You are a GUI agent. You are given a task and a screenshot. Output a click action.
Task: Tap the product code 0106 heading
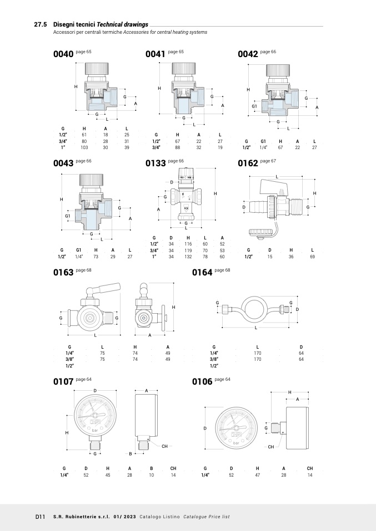click(202, 382)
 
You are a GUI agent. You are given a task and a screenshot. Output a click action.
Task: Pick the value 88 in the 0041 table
click(178, 147)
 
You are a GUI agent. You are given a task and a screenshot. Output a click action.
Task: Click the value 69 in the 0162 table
click(313, 257)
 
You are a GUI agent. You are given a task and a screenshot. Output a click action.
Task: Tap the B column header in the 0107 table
click(151, 468)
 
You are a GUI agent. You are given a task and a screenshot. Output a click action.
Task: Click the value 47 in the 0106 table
click(258, 475)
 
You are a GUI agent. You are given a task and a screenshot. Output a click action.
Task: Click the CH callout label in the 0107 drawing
click(165, 446)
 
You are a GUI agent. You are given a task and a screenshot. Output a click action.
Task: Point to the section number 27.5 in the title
click(41, 25)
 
